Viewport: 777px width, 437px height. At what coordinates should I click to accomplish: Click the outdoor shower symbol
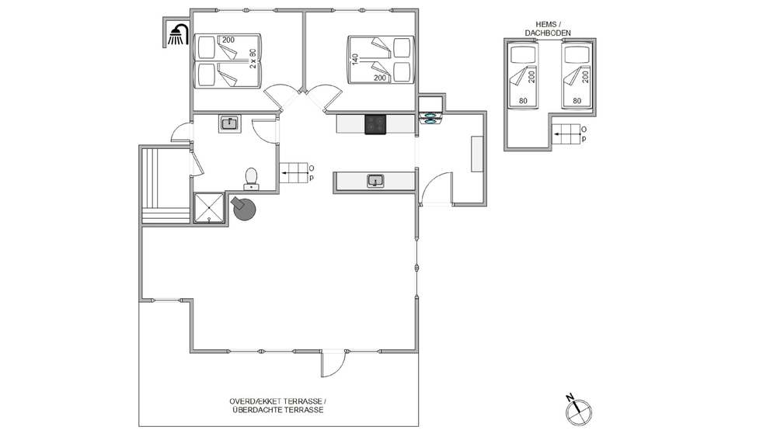click(178, 35)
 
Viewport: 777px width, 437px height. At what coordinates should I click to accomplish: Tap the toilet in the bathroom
click(251, 179)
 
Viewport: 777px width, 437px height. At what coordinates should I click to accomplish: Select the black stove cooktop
click(375, 124)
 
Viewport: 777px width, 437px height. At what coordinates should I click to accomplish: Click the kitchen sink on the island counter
click(375, 181)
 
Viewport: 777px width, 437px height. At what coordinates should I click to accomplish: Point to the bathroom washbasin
click(229, 123)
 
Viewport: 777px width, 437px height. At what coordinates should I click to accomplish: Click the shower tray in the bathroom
click(209, 208)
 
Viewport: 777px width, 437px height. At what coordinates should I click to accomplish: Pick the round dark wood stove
click(244, 209)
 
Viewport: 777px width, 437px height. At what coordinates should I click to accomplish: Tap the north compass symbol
click(578, 410)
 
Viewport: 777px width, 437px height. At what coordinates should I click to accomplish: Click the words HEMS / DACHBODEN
click(548, 29)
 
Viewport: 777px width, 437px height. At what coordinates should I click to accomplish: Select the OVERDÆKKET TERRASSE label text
click(277, 401)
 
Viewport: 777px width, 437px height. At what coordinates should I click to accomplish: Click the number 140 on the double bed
click(355, 60)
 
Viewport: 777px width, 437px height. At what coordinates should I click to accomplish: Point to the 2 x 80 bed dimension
click(253, 58)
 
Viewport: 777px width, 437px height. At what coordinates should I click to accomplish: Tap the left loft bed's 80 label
click(523, 101)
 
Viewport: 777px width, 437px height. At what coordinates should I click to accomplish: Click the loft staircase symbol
click(566, 134)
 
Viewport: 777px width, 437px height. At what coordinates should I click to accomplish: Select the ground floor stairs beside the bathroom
click(294, 173)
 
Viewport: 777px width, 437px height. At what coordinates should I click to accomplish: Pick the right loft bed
click(577, 75)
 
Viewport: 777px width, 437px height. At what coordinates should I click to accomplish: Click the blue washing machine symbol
click(430, 118)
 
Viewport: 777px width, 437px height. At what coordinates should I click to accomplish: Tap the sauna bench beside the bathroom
click(166, 186)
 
